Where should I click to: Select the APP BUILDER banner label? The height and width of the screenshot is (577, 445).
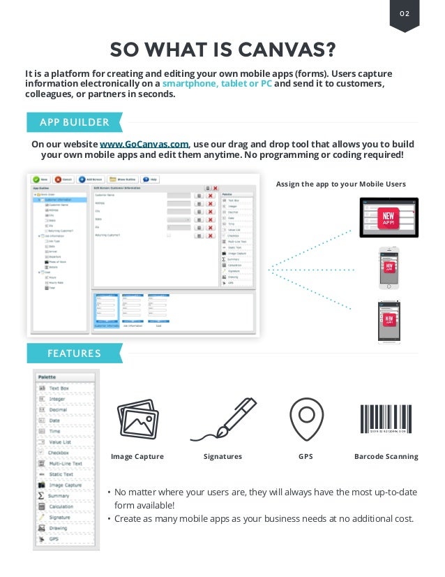tap(74, 122)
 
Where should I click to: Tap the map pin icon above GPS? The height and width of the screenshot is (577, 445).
tap(306, 420)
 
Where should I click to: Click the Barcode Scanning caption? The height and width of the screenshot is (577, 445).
tap(386, 457)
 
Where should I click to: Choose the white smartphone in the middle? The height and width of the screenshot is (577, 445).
tap(389, 268)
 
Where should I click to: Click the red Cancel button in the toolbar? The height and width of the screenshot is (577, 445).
tap(63, 179)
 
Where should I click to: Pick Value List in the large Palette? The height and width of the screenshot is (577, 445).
tap(60, 442)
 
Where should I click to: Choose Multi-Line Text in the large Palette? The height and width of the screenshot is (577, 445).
tap(66, 463)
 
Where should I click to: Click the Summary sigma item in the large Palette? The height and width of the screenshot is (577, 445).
tap(58, 495)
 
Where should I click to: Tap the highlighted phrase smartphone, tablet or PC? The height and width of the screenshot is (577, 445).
tap(218, 84)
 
